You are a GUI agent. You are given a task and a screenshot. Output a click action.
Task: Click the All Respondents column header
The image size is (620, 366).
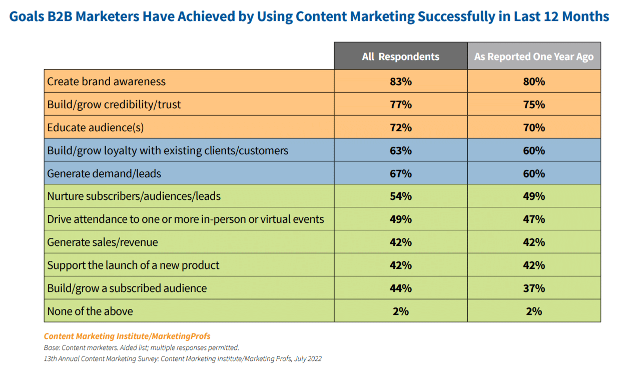[x=400, y=57]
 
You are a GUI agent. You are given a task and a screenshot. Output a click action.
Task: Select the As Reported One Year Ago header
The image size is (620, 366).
[x=534, y=57]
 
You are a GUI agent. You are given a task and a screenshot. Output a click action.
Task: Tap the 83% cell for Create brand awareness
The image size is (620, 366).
[x=400, y=82]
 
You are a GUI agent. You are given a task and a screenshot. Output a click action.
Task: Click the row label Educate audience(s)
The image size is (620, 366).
[x=95, y=128]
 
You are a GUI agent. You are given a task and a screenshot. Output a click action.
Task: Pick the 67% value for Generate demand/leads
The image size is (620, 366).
[x=400, y=174]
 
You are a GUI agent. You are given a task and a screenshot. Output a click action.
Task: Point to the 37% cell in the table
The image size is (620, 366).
[x=534, y=288]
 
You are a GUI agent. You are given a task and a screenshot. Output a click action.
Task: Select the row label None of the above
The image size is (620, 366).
[x=90, y=311]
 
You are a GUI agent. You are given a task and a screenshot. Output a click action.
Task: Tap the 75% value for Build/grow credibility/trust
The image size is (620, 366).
[x=534, y=105]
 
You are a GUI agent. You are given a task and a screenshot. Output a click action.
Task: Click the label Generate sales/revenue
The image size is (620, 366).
[x=102, y=242]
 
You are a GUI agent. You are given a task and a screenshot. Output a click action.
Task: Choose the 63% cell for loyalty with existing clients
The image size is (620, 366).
[x=400, y=151]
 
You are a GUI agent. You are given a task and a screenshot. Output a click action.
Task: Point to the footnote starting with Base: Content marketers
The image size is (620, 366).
[x=142, y=347]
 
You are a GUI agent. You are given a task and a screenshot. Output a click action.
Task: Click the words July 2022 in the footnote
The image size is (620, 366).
[x=307, y=358]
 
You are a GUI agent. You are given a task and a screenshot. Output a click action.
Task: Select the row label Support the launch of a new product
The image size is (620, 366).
[x=133, y=265]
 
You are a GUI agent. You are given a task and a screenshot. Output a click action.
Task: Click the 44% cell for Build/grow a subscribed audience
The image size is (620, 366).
[x=400, y=288]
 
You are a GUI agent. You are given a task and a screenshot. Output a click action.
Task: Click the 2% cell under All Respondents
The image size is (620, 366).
[x=400, y=311]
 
